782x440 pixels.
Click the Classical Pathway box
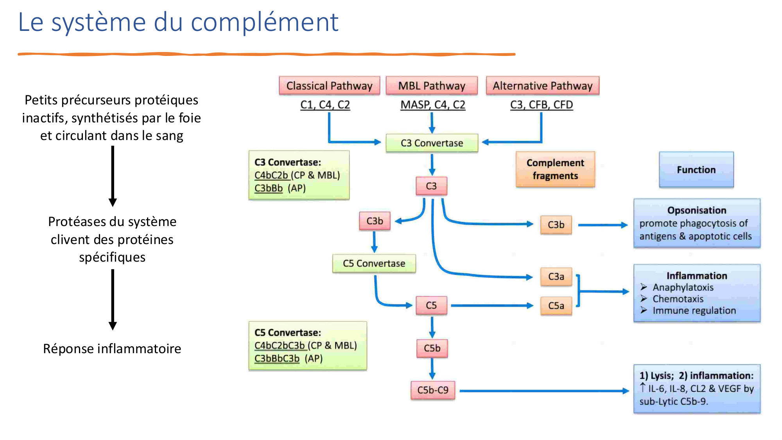click(329, 86)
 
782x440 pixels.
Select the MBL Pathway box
click(432, 86)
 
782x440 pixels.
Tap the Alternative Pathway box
click(542, 86)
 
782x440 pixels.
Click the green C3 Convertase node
click(432, 143)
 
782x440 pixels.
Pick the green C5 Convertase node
click(374, 263)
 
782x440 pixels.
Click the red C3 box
click(431, 186)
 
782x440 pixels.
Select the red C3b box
click(375, 221)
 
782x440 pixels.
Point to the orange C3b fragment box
click(556, 225)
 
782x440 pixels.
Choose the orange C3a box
click(556, 277)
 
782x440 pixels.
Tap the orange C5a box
click(556, 305)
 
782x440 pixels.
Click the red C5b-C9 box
click(433, 390)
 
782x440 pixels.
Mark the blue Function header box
click(696, 170)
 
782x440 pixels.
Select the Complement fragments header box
click(555, 169)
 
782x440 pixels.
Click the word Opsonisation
click(697, 210)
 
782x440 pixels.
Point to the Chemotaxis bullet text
click(678, 299)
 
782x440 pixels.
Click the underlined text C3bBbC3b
click(277, 358)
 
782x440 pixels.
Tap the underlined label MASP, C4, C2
click(433, 105)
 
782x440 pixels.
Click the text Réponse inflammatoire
click(112, 348)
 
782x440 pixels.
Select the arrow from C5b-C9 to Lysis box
click(543, 390)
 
